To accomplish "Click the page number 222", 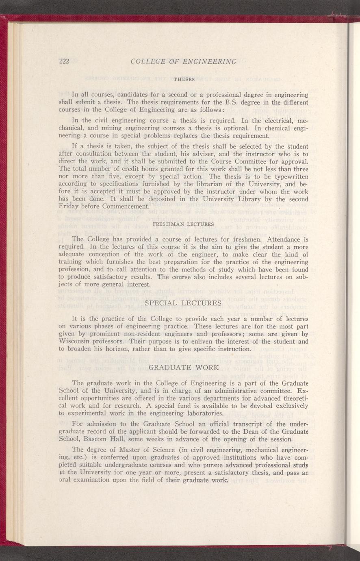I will coord(65,61).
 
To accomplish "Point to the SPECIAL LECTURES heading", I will coord(183,303).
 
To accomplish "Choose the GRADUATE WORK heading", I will coord(184,368).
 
